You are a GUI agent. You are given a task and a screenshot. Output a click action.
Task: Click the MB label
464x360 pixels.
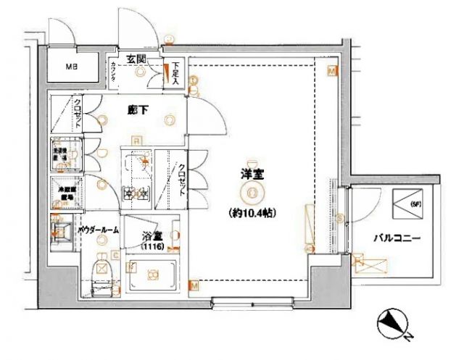71,68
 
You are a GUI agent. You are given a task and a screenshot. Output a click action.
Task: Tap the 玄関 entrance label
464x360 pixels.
136,58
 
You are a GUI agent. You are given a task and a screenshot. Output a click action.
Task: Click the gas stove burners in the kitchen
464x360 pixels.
135,192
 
